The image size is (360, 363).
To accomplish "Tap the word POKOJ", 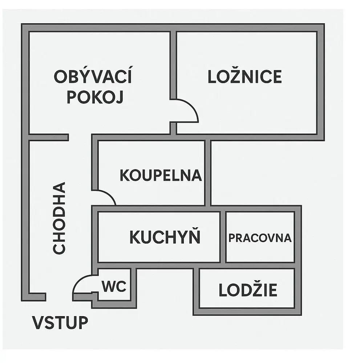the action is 95,97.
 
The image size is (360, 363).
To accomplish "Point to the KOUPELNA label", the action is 161,175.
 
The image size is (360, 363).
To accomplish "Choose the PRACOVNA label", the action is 260,238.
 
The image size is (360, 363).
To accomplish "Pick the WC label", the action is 114,286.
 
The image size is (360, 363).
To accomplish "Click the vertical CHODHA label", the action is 59,218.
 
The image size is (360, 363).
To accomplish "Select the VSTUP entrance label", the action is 60,322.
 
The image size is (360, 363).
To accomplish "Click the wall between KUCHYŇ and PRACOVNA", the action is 223,237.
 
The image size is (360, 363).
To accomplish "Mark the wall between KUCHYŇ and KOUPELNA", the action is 152,208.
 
